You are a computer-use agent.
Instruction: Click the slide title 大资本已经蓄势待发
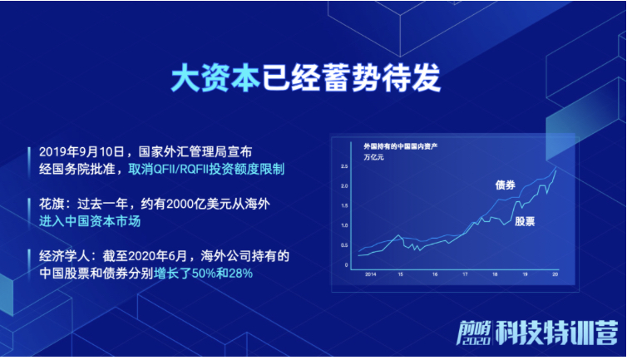pyautogui.click(x=306, y=77)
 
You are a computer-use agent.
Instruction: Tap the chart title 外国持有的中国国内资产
pyautogui.click(x=400, y=146)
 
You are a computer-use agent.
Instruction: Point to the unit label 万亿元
pyautogui.click(x=373, y=157)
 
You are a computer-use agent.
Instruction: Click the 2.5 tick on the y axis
pyautogui.click(x=344, y=166)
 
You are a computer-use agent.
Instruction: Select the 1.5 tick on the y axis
pyautogui.click(x=344, y=205)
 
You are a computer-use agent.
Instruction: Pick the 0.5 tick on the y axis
pyautogui.click(x=344, y=245)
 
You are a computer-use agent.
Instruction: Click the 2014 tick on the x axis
pyautogui.click(x=370, y=274)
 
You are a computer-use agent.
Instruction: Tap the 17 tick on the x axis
pyautogui.click(x=465, y=274)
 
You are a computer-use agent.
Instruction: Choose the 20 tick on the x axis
pyautogui.click(x=555, y=274)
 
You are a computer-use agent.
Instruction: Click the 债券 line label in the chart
pyautogui.click(x=505, y=185)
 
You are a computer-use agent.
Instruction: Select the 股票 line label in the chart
pyautogui.click(x=525, y=221)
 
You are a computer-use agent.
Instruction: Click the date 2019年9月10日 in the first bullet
pyautogui.click(x=81, y=152)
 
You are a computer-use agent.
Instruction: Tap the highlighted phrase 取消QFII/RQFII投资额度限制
pyautogui.click(x=206, y=170)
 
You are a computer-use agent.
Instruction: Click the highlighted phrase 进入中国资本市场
pyautogui.click(x=90, y=221)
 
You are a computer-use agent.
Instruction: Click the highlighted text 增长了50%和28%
pyautogui.click(x=203, y=274)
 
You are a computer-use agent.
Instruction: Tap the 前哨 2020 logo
pyautogui.click(x=474, y=333)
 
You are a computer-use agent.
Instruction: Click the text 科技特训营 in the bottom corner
pyautogui.click(x=556, y=333)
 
